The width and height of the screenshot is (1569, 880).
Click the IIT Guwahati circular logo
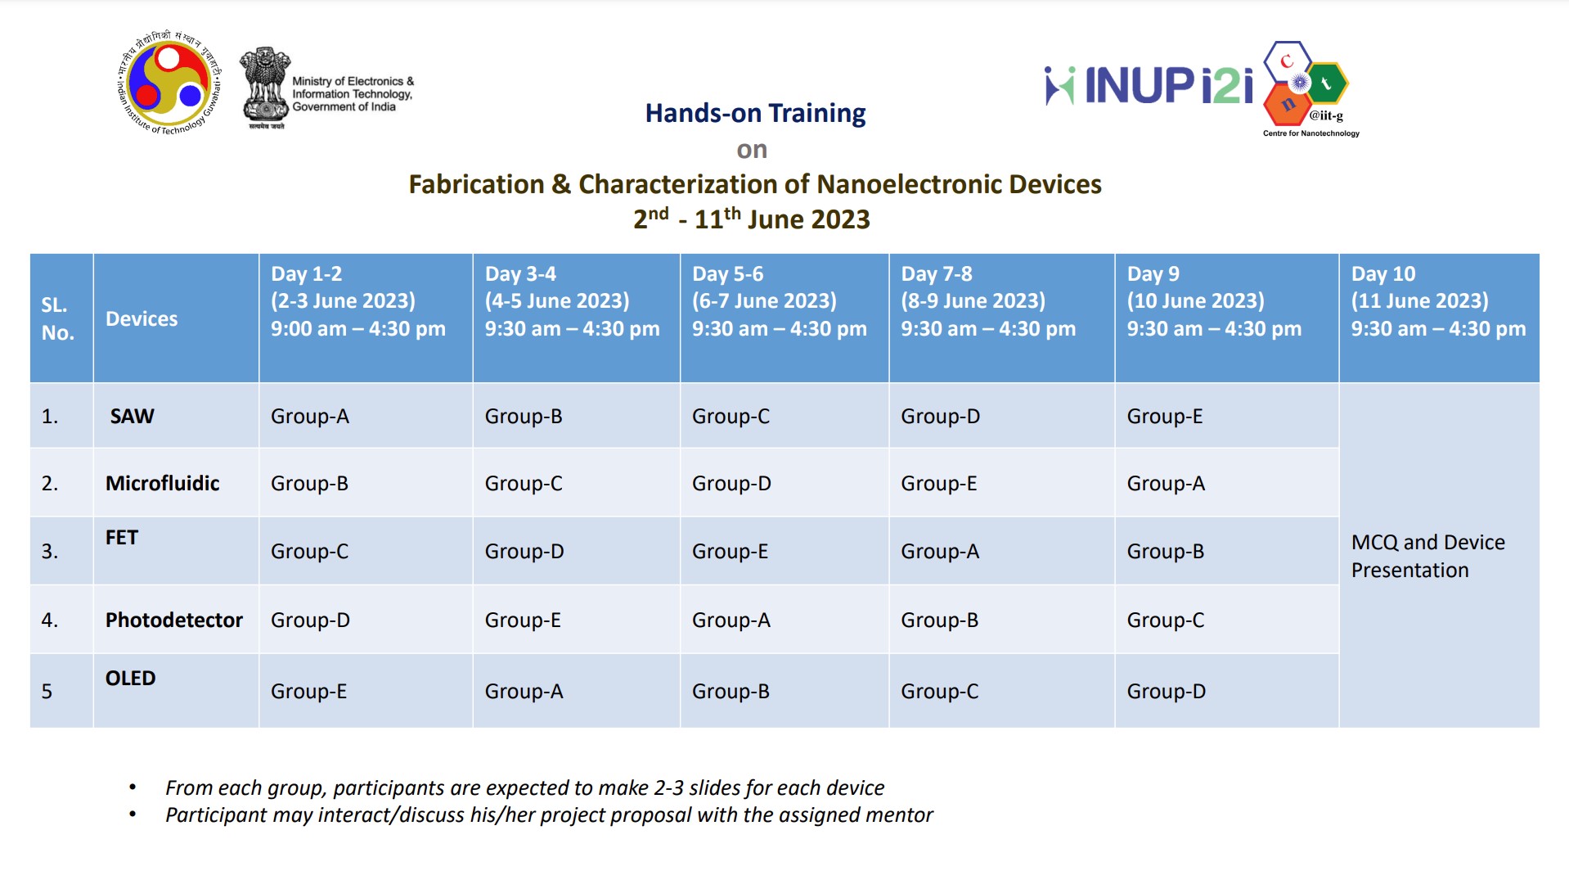169,83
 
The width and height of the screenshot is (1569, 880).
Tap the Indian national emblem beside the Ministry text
265,86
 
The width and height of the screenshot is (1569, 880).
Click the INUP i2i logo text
1149,86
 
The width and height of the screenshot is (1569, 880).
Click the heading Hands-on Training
754,113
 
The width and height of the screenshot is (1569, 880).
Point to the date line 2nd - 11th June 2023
751,219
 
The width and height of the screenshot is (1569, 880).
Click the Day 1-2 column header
358,301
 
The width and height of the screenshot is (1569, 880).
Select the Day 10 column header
1438,301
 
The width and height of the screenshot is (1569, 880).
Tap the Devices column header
142,318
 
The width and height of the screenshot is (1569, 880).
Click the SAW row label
132,416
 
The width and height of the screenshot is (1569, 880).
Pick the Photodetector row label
173,620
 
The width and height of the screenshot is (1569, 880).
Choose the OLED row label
130,678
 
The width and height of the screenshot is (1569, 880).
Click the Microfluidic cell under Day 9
1166,483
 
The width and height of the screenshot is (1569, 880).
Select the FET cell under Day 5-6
730,551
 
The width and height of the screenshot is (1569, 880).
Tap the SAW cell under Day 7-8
940,416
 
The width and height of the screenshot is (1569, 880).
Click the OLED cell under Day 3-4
524,691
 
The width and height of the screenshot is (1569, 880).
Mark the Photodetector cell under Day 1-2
310,620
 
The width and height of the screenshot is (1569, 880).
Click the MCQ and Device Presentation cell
1427,556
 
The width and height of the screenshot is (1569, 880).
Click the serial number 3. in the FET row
50,551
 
